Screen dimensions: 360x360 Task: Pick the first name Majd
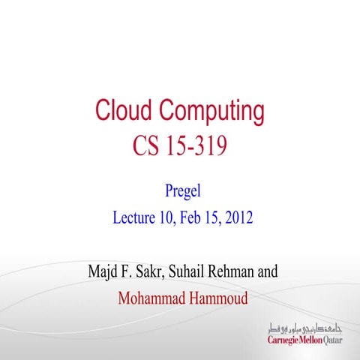pos(104,271)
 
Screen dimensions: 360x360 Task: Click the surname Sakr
pos(153,271)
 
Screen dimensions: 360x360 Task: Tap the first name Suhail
pos(194,271)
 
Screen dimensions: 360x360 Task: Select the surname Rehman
pos(238,271)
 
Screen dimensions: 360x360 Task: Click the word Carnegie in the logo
pos(285,340)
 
